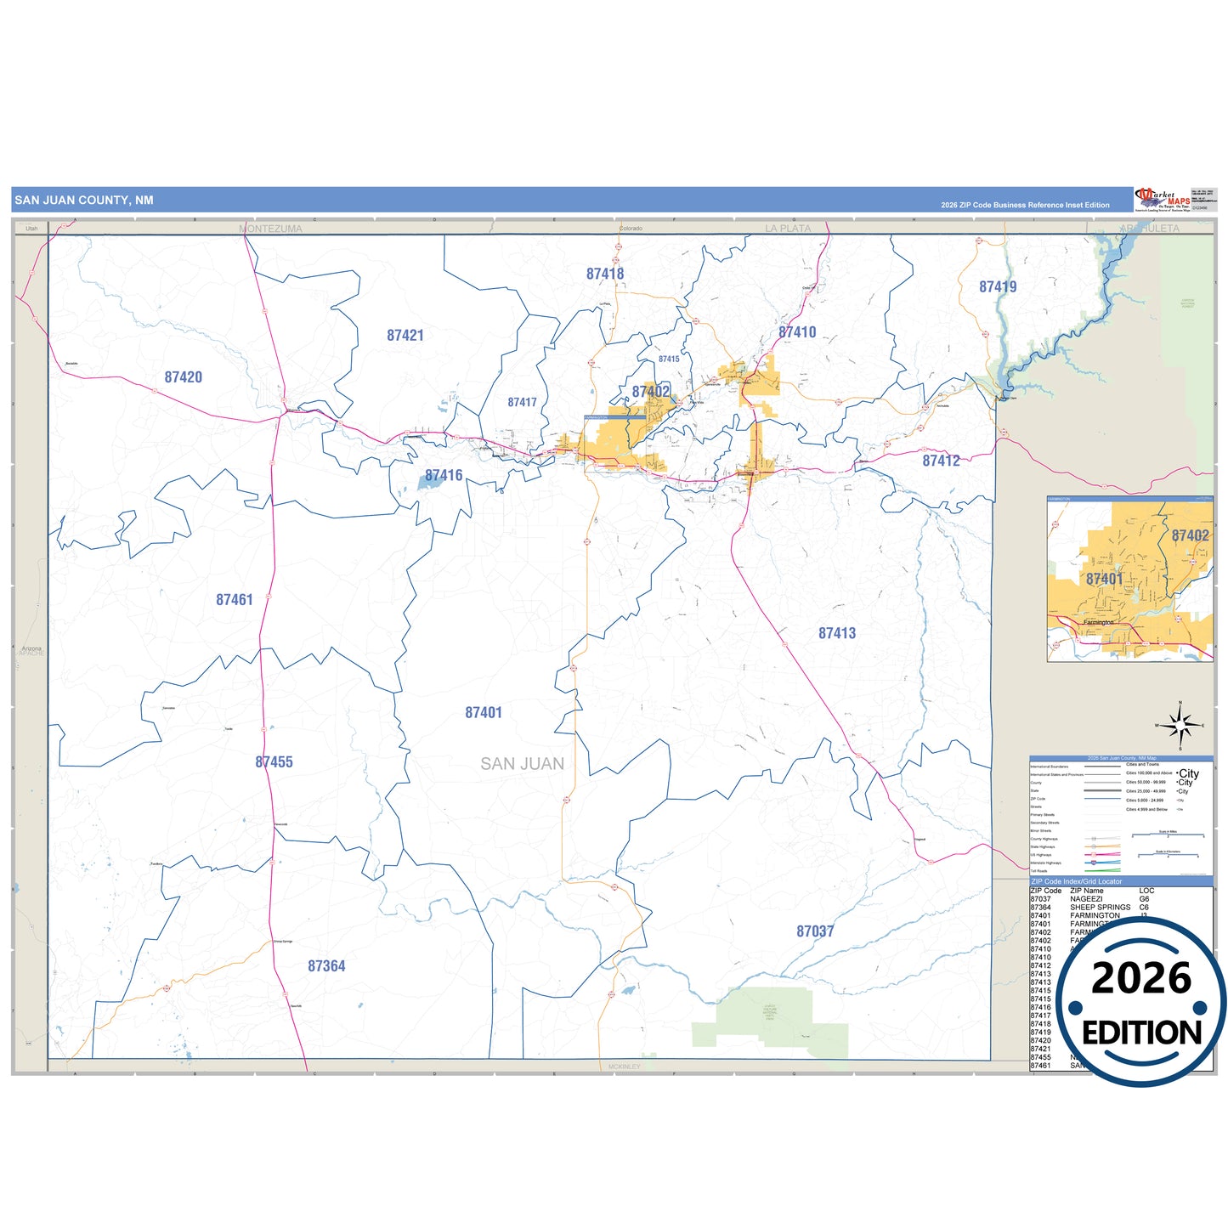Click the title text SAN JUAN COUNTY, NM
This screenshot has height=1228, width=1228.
tap(84, 201)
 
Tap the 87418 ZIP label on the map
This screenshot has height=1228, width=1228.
tap(605, 274)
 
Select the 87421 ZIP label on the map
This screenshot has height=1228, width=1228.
tap(405, 336)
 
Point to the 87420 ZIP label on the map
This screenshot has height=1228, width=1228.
tap(184, 377)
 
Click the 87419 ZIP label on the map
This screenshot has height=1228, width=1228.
tap(998, 287)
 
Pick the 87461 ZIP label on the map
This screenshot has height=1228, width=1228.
tap(235, 600)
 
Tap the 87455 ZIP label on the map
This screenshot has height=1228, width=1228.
tap(274, 762)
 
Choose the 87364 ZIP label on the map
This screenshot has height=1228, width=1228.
tap(326, 966)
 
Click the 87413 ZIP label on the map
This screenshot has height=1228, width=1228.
tap(837, 633)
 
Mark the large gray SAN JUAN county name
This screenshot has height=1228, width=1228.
tap(522, 764)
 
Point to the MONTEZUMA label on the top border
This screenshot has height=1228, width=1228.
tap(271, 229)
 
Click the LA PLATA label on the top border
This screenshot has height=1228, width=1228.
tap(788, 229)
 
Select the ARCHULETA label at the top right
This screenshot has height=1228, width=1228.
tap(1150, 229)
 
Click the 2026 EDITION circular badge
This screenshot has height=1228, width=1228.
tap(1141, 1003)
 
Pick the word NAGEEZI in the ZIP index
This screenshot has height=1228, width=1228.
tap(1086, 899)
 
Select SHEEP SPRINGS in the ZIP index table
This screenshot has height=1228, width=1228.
tap(1100, 908)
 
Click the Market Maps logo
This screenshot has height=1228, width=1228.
tap(1163, 200)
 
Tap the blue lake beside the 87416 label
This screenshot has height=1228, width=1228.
tap(427, 482)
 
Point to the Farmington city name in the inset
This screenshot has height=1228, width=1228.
tap(1098, 622)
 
